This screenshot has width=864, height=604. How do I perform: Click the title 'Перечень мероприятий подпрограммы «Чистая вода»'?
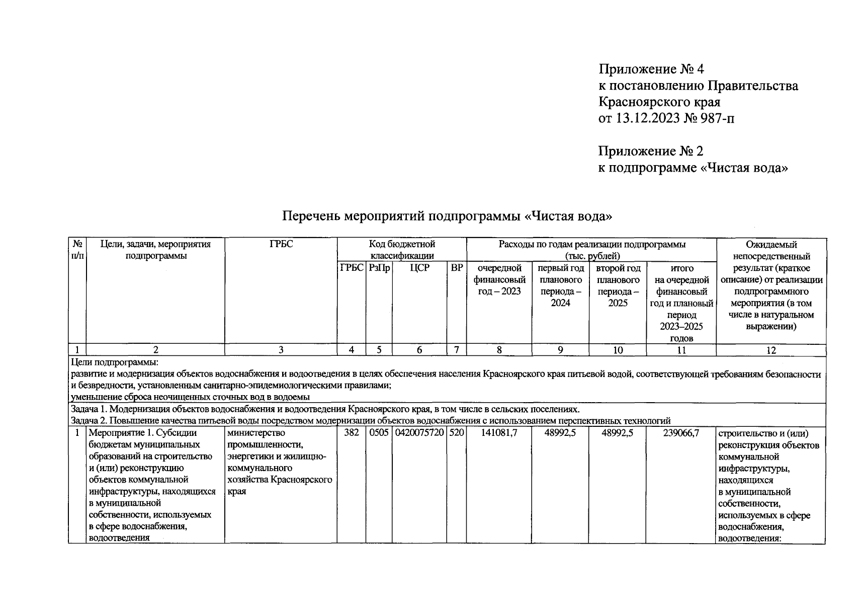coord(447,216)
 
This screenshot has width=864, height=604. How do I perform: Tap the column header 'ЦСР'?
coord(419,268)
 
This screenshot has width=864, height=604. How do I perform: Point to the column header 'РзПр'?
coord(379,268)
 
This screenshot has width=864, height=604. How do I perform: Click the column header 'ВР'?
coord(457,268)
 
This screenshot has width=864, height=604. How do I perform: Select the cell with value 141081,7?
coord(499,433)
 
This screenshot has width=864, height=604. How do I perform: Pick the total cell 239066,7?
coord(681,433)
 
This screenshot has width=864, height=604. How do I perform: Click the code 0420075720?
coord(419,433)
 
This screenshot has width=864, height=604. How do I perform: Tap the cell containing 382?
coord(351,433)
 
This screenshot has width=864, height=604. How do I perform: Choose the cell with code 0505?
coord(379,433)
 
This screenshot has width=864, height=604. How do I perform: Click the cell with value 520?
coord(457,433)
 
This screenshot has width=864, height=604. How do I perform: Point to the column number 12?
coord(771,350)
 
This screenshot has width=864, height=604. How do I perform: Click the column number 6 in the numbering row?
coord(419,350)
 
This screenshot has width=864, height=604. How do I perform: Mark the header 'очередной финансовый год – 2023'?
coord(499,280)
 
